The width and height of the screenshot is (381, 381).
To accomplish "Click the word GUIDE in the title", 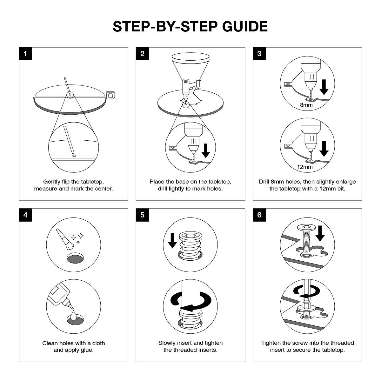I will coord(245,26).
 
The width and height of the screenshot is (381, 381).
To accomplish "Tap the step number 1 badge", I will coord(25,54).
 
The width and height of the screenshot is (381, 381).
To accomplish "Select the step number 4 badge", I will coord(25,215).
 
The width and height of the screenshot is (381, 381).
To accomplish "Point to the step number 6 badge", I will coord(259,215).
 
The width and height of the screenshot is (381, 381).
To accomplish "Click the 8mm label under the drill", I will coord(306,105).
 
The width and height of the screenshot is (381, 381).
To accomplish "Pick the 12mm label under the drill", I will coord(305,167).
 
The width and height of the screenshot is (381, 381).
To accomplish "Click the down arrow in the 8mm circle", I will coord(324,87).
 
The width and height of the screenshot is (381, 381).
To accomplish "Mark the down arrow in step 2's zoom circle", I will coord(206,150).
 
